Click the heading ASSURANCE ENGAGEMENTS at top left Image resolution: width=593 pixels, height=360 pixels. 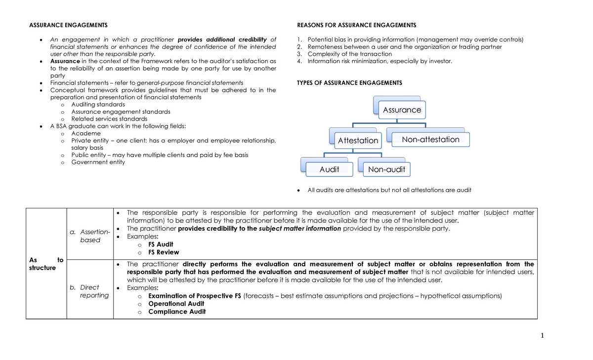(68, 25)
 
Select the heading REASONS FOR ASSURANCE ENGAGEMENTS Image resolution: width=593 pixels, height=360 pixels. (356, 25)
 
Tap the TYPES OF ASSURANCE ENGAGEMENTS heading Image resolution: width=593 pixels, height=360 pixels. (349, 83)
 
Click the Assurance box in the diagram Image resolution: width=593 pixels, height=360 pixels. (402, 110)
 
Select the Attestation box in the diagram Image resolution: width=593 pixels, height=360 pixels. (358, 141)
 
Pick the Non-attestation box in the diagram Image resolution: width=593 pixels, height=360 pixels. (430, 140)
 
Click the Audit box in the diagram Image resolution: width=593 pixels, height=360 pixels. (329, 170)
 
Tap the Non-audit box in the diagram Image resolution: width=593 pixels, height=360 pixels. (386, 170)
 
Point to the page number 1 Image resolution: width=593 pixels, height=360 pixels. (542, 336)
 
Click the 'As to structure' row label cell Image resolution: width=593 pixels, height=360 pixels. (46, 263)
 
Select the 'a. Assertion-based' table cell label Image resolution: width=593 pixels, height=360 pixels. (90, 236)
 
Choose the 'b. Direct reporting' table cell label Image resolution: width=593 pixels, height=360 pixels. (90, 291)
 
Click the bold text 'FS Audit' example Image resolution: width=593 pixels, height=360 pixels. (161, 244)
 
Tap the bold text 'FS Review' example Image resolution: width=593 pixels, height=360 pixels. (164, 252)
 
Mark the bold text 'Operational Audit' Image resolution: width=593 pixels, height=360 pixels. (176, 304)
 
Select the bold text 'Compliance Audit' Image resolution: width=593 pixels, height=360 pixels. (177, 312)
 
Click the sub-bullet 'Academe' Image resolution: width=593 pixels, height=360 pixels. (86, 133)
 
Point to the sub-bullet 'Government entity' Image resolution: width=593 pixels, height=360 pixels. (98, 162)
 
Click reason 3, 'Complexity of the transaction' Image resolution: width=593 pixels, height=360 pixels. (349, 54)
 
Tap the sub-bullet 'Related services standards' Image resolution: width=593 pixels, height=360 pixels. (109, 119)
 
